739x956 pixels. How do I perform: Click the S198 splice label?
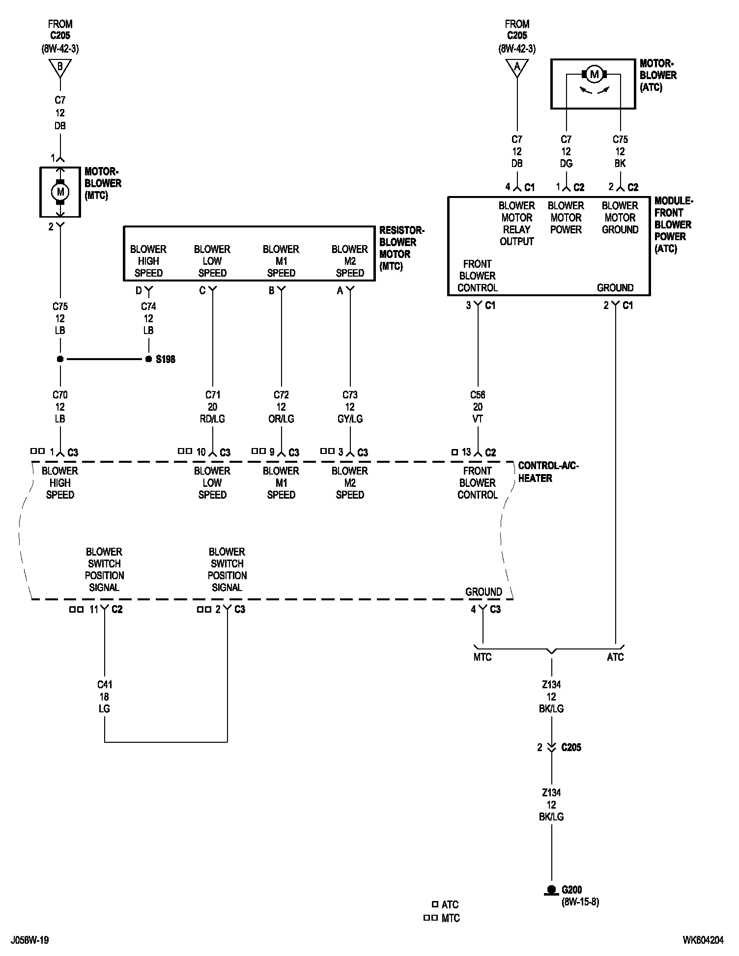coord(165,360)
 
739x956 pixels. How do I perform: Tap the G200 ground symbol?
coord(551,890)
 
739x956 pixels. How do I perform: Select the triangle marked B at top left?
coord(60,67)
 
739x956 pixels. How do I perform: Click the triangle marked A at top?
coord(517,67)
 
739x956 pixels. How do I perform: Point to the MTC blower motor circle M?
coord(60,192)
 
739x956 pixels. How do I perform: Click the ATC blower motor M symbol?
coord(595,74)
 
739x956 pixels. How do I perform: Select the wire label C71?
coord(212,395)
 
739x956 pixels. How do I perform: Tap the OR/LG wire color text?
coord(281,419)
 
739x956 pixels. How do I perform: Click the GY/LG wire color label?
coord(350,419)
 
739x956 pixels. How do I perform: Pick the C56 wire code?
coord(478,395)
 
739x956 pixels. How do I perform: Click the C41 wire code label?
coord(104,685)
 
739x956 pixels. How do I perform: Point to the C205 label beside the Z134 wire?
coord(571,747)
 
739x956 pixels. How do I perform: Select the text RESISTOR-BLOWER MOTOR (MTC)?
coord(401,248)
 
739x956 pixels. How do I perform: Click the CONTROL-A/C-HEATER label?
coord(548,472)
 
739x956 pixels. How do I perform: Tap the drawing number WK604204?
coord(703,940)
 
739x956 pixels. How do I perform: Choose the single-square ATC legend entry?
coord(445,904)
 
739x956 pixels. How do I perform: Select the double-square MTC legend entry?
coord(442,918)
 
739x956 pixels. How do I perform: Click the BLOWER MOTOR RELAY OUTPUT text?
coord(516,224)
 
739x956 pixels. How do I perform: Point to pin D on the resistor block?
coord(139,291)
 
